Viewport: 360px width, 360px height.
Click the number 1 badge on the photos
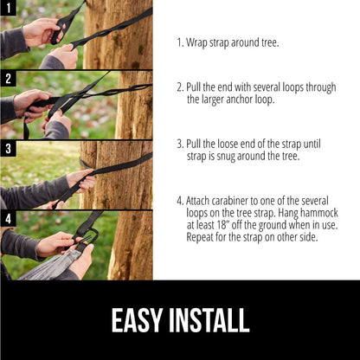click(8, 8)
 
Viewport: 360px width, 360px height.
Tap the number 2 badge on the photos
click(8, 78)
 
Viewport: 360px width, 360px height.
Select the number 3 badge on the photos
click(8, 148)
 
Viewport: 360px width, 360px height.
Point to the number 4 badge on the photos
click(8, 218)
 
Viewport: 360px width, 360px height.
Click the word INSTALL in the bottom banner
click(210, 319)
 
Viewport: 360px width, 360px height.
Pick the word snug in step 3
click(231, 156)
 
